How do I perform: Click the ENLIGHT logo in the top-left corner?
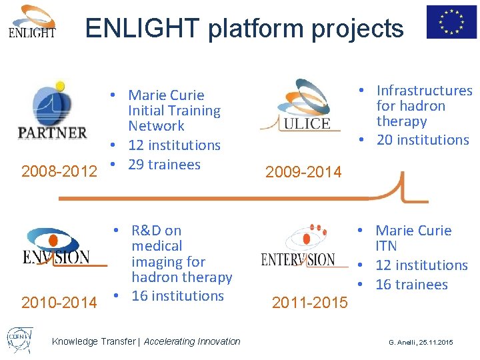click(32, 22)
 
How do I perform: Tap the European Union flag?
click(451, 21)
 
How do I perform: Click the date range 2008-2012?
click(59, 171)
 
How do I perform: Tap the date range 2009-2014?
click(303, 172)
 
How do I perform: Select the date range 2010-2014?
click(59, 303)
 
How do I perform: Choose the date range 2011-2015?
click(309, 303)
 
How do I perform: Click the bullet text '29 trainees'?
click(164, 164)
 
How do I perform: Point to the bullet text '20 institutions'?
click(423, 139)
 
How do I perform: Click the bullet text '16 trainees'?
click(411, 284)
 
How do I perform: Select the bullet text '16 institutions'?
click(177, 295)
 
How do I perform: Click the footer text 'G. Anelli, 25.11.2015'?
click(421, 342)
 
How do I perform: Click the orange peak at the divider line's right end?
click(402, 183)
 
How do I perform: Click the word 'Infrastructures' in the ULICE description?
click(424, 90)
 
